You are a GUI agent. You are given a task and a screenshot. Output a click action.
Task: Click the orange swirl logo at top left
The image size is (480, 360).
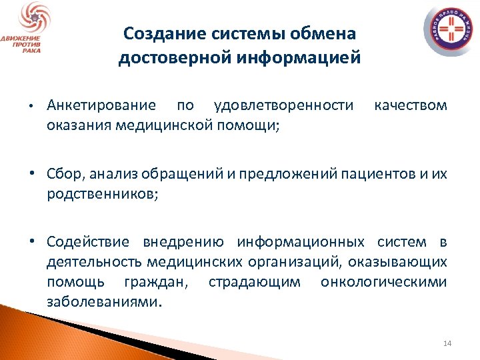pyautogui.click(x=31, y=18)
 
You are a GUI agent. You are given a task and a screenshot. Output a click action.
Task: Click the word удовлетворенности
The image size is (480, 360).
pyautogui.click(x=284, y=105)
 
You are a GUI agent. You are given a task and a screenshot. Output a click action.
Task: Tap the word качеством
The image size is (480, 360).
pyautogui.click(x=411, y=105)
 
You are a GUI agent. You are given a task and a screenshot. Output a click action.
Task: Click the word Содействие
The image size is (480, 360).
pyautogui.click(x=89, y=241)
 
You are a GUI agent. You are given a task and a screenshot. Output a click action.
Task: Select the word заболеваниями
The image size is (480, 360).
pyautogui.click(x=104, y=301)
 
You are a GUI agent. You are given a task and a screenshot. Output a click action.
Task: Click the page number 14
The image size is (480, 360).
pyautogui.click(x=447, y=343)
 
